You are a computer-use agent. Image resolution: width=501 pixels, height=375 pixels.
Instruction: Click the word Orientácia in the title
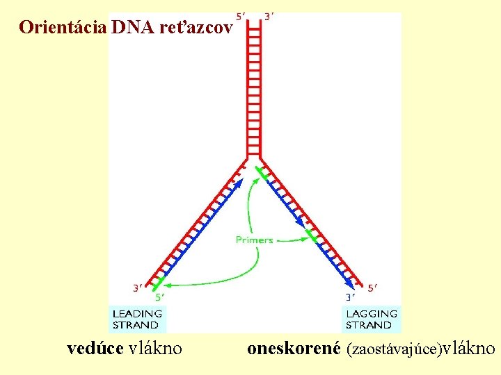(62, 28)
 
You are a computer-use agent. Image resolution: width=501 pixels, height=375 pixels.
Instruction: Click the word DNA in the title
(127, 28)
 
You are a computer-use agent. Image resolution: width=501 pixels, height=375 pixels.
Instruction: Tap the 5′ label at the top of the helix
(241, 16)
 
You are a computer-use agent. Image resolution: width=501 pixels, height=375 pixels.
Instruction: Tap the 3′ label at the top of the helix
(269, 16)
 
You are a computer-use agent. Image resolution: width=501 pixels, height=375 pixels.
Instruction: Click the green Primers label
(254, 240)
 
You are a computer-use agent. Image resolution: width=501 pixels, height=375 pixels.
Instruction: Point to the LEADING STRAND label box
(136, 319)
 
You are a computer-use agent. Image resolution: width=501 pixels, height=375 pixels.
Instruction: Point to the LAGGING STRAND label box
(372, 319)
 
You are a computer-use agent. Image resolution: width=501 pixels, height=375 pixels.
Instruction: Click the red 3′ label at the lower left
(139, 286)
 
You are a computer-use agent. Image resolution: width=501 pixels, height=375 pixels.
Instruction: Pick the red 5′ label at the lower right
(374, 286)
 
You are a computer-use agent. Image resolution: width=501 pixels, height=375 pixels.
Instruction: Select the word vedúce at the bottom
(96, 348)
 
